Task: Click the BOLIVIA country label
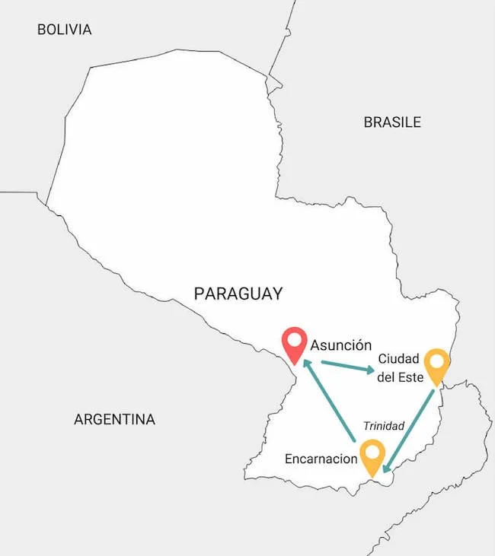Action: (64, 30)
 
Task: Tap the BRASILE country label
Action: (391, 122)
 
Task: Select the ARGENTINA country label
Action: (114, 419)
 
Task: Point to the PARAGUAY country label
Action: (238, 294)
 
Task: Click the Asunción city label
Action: (341, 344)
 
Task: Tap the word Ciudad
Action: (398, 359)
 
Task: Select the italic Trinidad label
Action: (383, 426)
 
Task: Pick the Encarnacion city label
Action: (321, 459)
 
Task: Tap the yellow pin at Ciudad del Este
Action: (436, 366)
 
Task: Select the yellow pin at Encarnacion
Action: (372, 457)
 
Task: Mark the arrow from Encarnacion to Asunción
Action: (329, 402)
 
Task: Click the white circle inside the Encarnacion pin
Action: (372, 452)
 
